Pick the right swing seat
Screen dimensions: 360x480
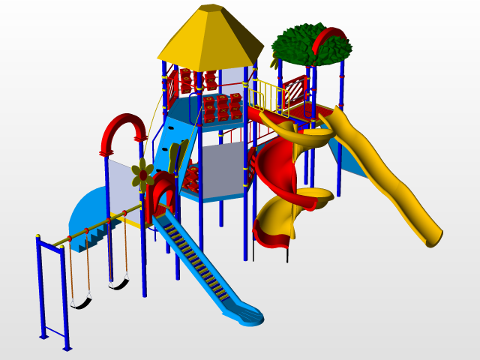(x=118, y=283)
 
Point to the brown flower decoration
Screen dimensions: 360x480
(x=142, y=174)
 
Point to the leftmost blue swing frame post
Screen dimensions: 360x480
(x=41, y=289)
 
